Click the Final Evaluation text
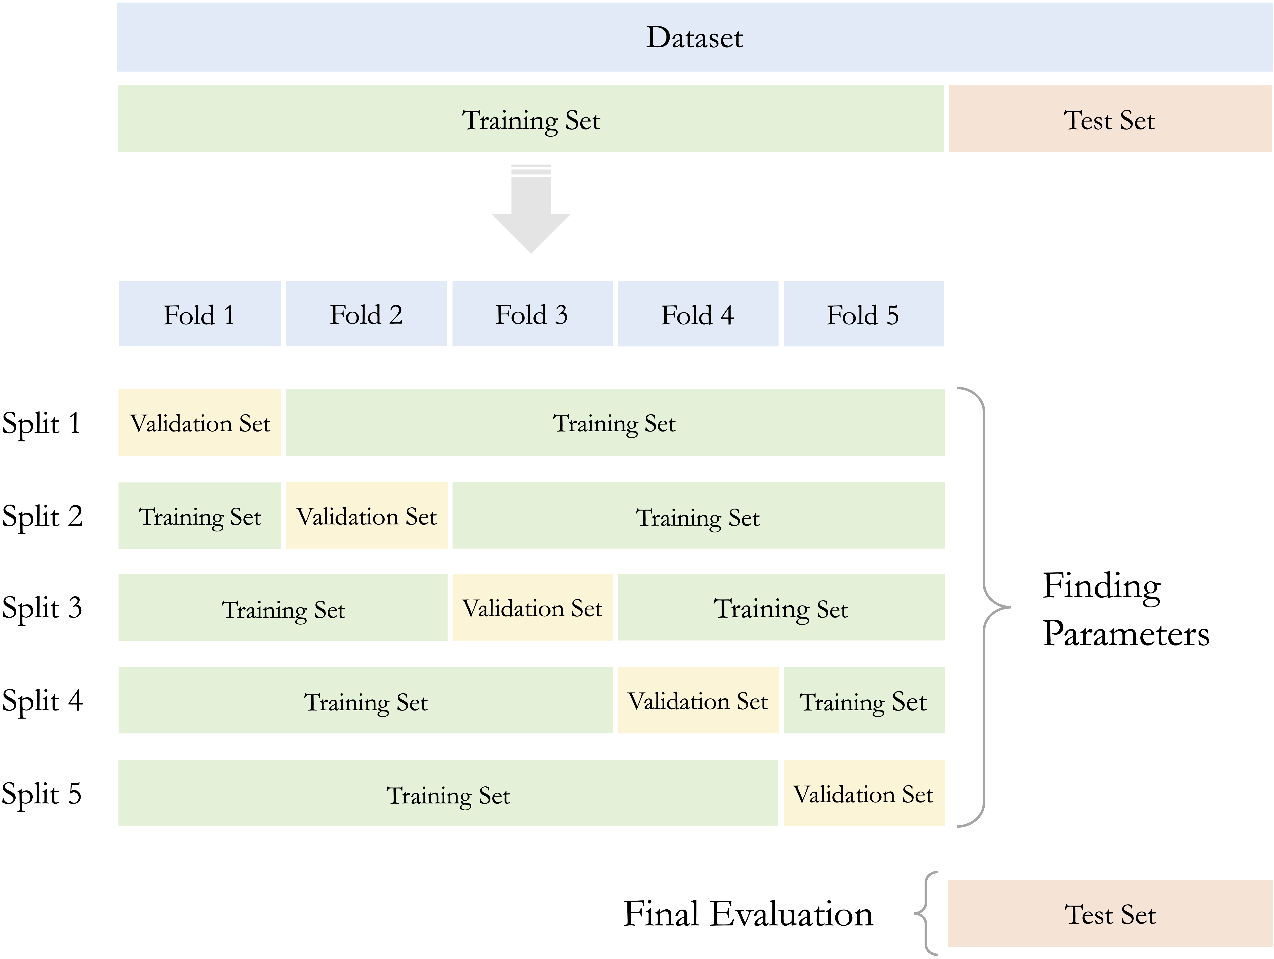(x=748, y=914)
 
